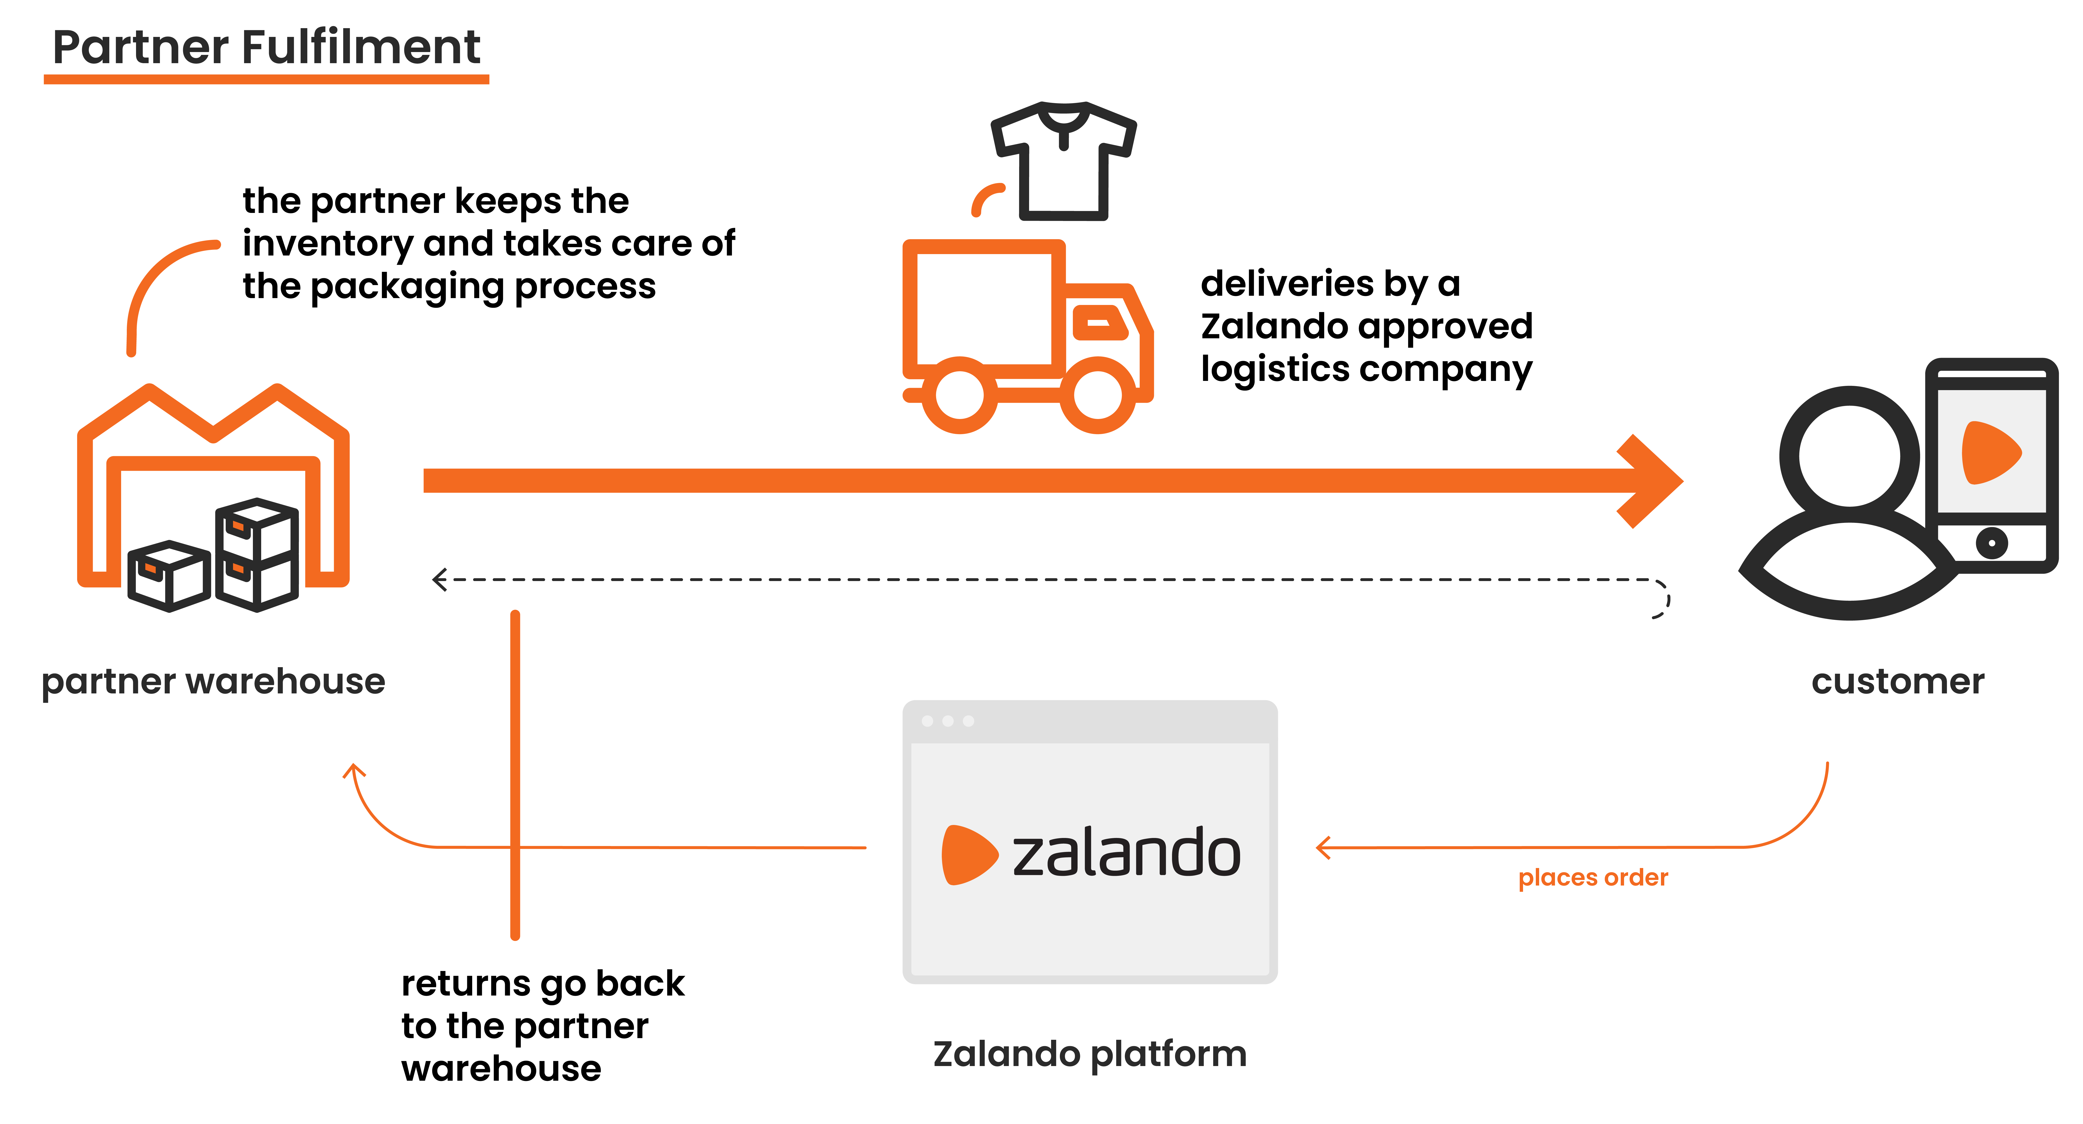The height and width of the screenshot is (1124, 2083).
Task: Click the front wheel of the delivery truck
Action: click(1097, 395)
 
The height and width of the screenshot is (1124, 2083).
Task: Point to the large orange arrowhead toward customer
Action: click(1650, 481)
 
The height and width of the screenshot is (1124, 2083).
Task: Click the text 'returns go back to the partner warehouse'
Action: click(542, 1025)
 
